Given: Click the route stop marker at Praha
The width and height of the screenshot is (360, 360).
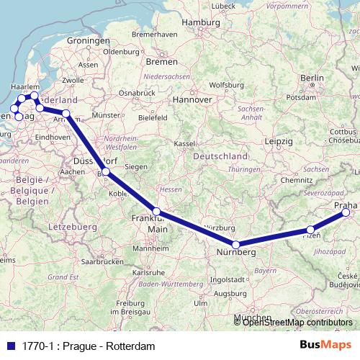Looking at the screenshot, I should pos(346,212).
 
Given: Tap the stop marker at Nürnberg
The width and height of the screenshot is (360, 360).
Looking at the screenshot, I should pos(235,245).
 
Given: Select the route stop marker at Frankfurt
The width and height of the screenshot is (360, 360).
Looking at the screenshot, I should pos(156,212).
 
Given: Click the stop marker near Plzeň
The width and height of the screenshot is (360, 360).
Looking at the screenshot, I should pos(310,230).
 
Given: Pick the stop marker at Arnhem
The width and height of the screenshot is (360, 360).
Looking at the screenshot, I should pos(66,114).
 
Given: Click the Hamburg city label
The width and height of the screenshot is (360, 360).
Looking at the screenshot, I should pos(200,22).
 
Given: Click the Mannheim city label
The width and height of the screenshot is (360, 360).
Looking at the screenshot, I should pos(151,248).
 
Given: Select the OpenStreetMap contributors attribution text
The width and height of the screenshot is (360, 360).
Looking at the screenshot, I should pos(297,322).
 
